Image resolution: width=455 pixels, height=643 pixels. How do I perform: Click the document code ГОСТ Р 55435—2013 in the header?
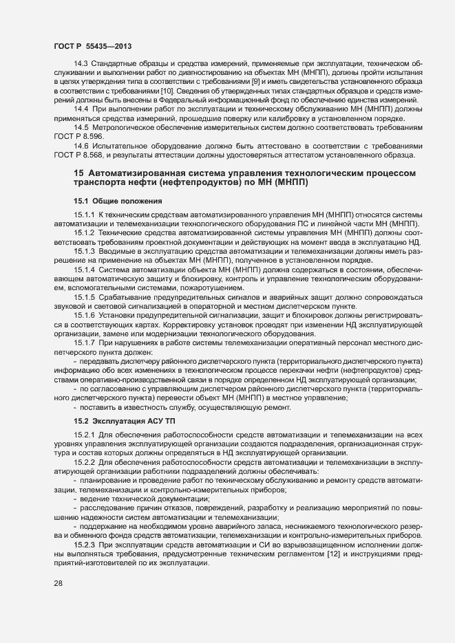pos(93,46)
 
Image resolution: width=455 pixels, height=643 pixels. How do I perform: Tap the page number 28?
pos(59,584)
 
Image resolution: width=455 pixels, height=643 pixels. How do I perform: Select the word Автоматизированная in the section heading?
pos(136,173)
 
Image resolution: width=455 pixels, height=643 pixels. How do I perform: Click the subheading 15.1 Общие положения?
pos(118,201)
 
